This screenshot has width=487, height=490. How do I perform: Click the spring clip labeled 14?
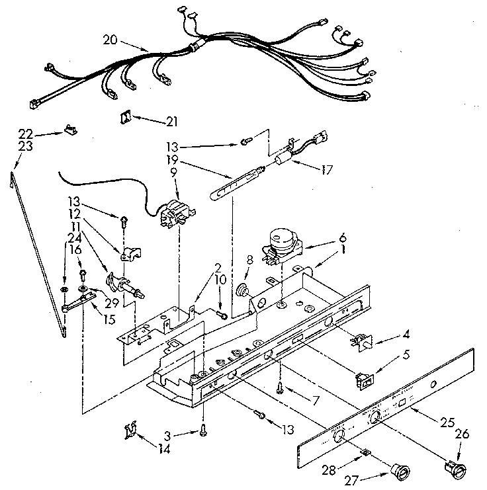[x=131, y=430]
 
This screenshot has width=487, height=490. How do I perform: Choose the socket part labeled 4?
[x=361, y=339]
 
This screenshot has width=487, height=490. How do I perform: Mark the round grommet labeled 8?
[x=242, y=290]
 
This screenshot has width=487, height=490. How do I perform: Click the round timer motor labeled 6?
[x=281, y=241]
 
